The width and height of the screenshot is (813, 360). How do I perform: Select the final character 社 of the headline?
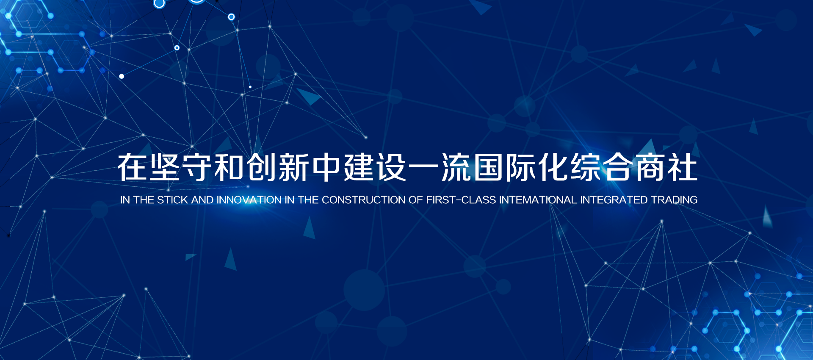pos(682,168)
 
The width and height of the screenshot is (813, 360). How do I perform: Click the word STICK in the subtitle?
pos(172,200)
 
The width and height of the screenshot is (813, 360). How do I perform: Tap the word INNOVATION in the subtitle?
pos(249,200)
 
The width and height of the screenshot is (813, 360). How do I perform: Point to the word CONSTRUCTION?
pos(364,200)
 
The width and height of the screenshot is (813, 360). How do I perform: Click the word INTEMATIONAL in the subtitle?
pos(538,200)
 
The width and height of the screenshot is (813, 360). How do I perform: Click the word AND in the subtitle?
pos(202,200)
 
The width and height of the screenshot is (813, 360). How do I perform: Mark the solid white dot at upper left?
pos(122,76)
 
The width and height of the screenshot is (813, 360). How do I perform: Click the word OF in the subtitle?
pos(416,200)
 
